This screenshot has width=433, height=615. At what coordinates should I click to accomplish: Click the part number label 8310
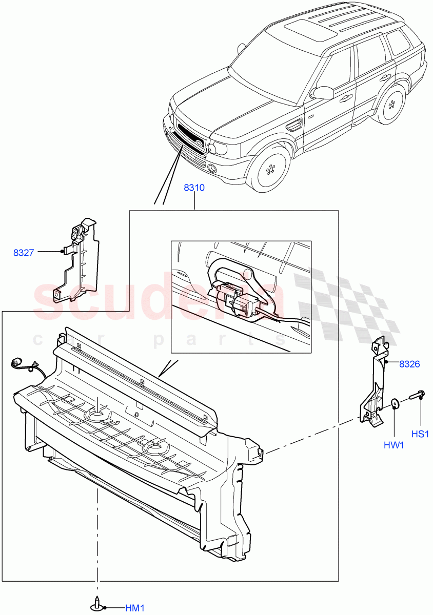pyautogui.click(x=194, y=188)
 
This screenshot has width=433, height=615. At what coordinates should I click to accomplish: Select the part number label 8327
pyautogui.click(x=24, y=252)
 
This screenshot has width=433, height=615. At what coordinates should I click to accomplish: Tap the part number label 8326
pyautogui.click(x=409, y=364)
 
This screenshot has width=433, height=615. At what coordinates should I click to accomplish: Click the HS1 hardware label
pyautogui.click(x=420, y=434)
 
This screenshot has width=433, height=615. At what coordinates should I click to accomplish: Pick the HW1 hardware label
pyautogui.click(x=393, y=445)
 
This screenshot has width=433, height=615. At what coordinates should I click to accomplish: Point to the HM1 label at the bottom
pyautogui.click(x=135, y=608)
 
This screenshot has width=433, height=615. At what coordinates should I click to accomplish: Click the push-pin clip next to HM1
pyautogui.click(x=96, y=605)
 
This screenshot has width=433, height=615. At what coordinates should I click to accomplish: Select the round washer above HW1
pyautogui.click(x=395, y=404)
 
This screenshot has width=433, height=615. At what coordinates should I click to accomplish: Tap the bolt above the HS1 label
pyautogui.click(x=416, y=396)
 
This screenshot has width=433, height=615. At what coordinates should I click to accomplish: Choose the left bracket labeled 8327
pyautogui.click(x=77, y=261)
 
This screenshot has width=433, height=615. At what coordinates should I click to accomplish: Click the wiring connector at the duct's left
pyautogui.click(x=17, y=364)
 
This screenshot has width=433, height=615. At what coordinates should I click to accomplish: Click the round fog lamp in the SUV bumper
pyautogui.click(x=212, y=167)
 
